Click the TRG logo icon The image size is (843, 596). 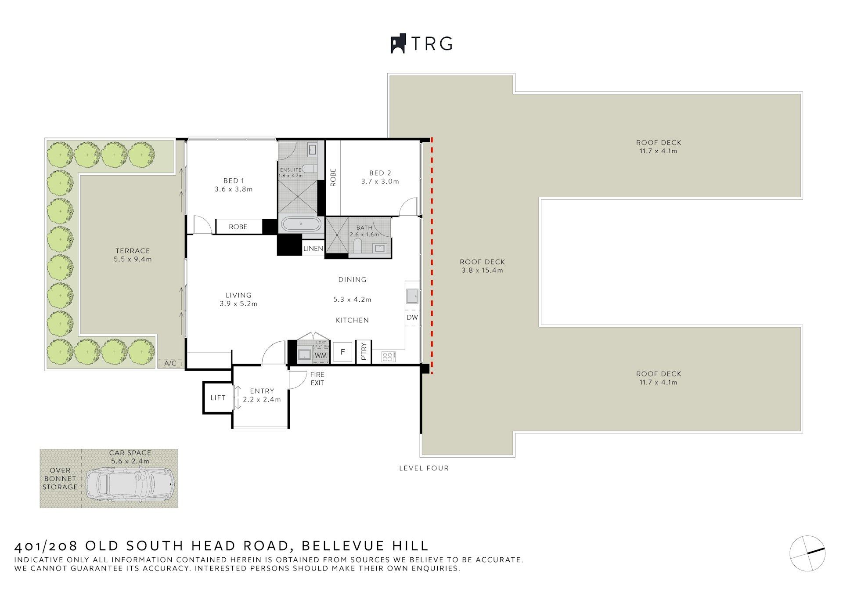tap(398, 44)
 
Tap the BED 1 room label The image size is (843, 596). tap(233, 181)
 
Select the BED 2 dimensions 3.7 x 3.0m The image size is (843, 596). tap(380, 181)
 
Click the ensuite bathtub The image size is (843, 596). tap(301, 224)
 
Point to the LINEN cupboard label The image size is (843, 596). tap(313, 249)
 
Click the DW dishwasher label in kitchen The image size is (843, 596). tap(412, 318)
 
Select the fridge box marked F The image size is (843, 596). tap(342, 352)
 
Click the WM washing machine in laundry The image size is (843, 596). tap(321, 355)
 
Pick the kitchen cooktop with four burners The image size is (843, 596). tap(388, 357)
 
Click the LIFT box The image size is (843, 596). tap(217, 398)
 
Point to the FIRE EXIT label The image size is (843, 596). tap(317, 379)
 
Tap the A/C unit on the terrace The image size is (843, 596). tap(170, 363)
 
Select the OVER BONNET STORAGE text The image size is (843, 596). tap(60, 479)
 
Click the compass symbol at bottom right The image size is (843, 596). tap(807, 553)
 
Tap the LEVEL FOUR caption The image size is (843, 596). tap(424, 468)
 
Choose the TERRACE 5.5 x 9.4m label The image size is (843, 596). tap(133, 255)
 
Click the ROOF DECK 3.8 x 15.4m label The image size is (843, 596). tap(482, 266)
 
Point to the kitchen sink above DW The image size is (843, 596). tap(412, 296)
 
